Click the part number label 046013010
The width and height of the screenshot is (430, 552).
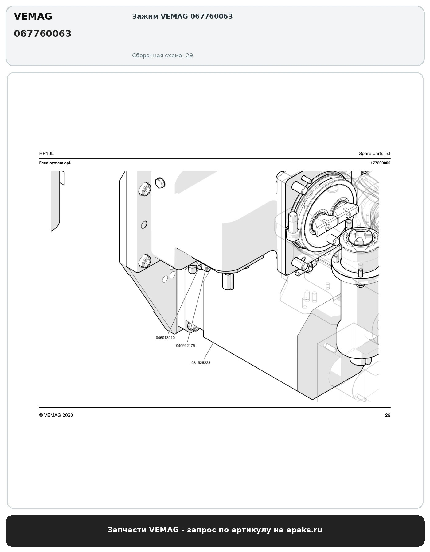(165, 338)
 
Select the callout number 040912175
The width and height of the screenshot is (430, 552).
(186, 346)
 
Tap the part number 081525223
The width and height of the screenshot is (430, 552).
(201, 363)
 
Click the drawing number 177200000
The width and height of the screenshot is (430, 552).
(380, 163)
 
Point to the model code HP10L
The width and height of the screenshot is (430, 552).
(46, 153)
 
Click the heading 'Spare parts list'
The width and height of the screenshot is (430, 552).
(374, 153)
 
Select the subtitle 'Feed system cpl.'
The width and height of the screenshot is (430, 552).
(55, 163)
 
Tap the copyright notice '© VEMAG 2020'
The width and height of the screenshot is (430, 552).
(56, 415)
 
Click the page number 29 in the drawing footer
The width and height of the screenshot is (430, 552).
(388, 415)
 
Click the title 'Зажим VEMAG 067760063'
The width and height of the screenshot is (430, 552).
(182, 17)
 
